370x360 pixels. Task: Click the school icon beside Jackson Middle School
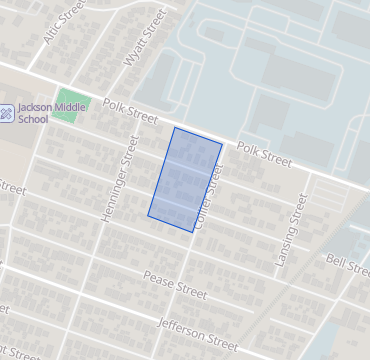click(7, 113)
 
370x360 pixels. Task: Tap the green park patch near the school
click(65, 108)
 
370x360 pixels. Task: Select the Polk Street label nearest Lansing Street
click(264, 154)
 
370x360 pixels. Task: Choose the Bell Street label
click(349, 262)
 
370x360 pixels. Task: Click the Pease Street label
click(174, 286)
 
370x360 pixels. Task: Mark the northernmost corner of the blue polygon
click(175, 127)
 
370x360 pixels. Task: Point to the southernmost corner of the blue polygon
click(194, 233)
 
